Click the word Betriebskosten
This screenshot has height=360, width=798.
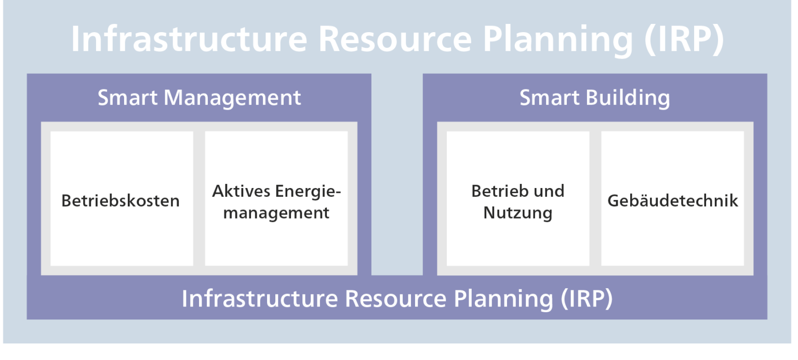121,201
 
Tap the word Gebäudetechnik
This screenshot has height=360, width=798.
672,201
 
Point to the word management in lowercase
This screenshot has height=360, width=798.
276,213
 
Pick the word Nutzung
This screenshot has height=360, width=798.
517,213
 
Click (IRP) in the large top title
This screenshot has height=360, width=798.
684,38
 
